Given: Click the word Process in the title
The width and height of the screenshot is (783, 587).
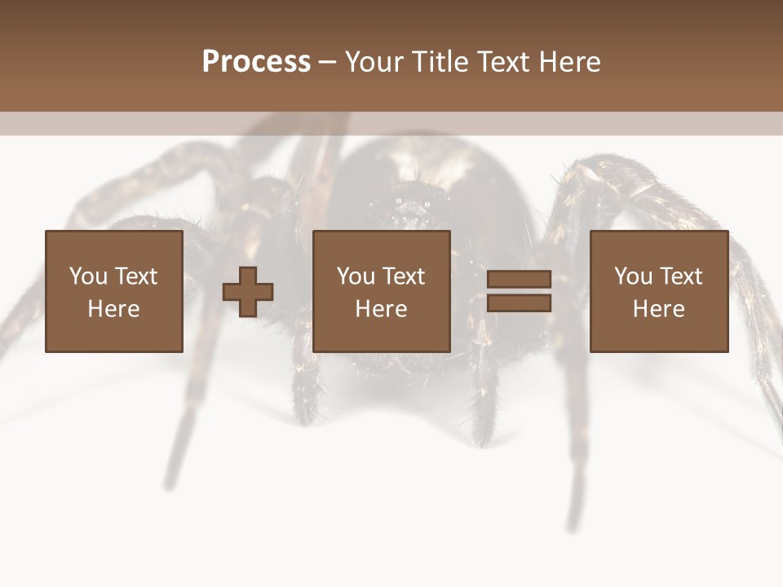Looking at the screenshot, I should pyautogui.click(x=256, y=62).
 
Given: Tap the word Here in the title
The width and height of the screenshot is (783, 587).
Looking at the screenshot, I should pyautogui.click(x=572, y=62).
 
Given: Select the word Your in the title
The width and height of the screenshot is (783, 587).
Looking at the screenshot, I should pyautogui.click(x=374, y=62).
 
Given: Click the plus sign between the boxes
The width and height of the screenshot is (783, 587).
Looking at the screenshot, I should pyautogui.click(x=248, y=292).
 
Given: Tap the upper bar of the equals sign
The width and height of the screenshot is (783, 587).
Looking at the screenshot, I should pyautogui.click(x=519, y=280).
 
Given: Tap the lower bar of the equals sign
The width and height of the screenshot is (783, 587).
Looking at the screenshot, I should pyautogui.click(x=519, y=303).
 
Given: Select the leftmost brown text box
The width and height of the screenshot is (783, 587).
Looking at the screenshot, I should pyautogui.click(x=113, y=291).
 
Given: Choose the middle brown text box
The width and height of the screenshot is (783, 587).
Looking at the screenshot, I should pyautogui.click(x=382, y=291).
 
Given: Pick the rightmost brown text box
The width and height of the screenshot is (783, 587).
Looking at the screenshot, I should pyautogui.click(x=659, y=291).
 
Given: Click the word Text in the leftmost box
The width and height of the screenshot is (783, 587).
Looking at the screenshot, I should pyautogui.click(x=135, y=276).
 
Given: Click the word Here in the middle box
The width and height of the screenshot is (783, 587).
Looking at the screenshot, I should pyautogui.click(x=382, y=309).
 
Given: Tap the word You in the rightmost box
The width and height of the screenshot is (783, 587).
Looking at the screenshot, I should pyautogui.click(x=633, y=276).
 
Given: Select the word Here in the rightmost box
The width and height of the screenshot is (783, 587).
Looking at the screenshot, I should pyautogui.click(x=659, y=309).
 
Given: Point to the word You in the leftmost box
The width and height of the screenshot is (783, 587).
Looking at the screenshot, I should pyautogui.click(x=88, y=276).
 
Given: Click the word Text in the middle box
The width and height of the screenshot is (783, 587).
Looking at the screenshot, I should pyautogui.click(x=404, y=276).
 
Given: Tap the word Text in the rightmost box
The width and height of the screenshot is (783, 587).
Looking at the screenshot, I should pyautogui.click(x=681, y=276).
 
